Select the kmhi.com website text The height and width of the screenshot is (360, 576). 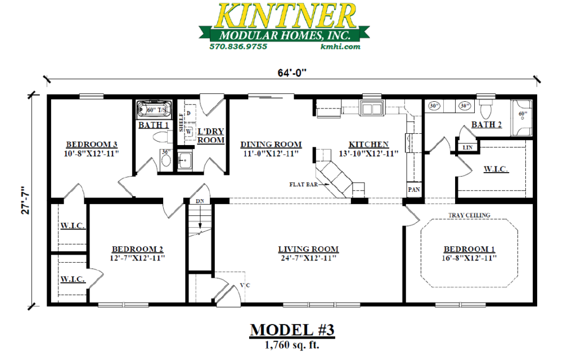point(340,47)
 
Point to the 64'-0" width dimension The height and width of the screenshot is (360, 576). point(291,73)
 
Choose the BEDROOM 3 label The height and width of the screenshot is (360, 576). point(92,144)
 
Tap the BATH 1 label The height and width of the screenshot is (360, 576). point(154,125)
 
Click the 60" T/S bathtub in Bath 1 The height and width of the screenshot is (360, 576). point(154,109)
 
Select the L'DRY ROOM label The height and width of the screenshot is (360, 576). point(211,135)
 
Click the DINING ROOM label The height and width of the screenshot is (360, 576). point(271,144)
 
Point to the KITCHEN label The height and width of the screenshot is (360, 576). point(368,144)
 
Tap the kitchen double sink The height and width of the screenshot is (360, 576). point(372,108)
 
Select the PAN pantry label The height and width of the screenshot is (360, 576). point(414,190)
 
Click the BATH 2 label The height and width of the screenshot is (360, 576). point(487,125)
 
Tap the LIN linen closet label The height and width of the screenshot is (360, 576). point(467,147)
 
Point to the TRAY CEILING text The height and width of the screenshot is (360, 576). point(469,215)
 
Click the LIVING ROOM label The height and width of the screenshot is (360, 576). point(308,249)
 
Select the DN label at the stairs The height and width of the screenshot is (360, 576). point(199,201)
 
